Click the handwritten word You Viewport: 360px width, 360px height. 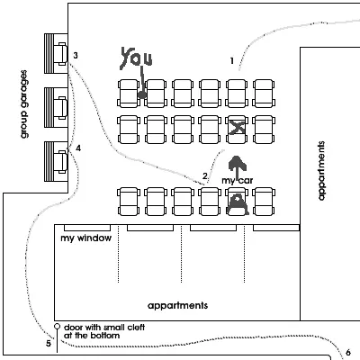[137, 58]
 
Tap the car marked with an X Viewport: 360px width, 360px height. [237, 130]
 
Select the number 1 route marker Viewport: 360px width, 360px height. [231, 61]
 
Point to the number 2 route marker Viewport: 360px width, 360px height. [205, 175]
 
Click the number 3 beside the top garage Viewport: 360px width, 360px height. [76, 56]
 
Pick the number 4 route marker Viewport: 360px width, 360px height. [78, 148]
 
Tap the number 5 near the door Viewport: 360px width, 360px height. [49, 344]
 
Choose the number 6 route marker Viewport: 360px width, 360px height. [348, 353]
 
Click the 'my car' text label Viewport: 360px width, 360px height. [238, 181]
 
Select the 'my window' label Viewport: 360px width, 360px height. [86, 238]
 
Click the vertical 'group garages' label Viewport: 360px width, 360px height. [24, 104]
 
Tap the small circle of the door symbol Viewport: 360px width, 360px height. [57, 327]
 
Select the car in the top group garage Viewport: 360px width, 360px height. [61, 54]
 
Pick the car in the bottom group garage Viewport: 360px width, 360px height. [61, 162]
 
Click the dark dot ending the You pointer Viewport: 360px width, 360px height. [142, 95]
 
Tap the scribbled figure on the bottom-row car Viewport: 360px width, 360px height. [238, 204]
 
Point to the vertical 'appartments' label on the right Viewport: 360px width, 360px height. [321, 171]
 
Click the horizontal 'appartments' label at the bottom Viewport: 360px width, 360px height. [178, 306]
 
